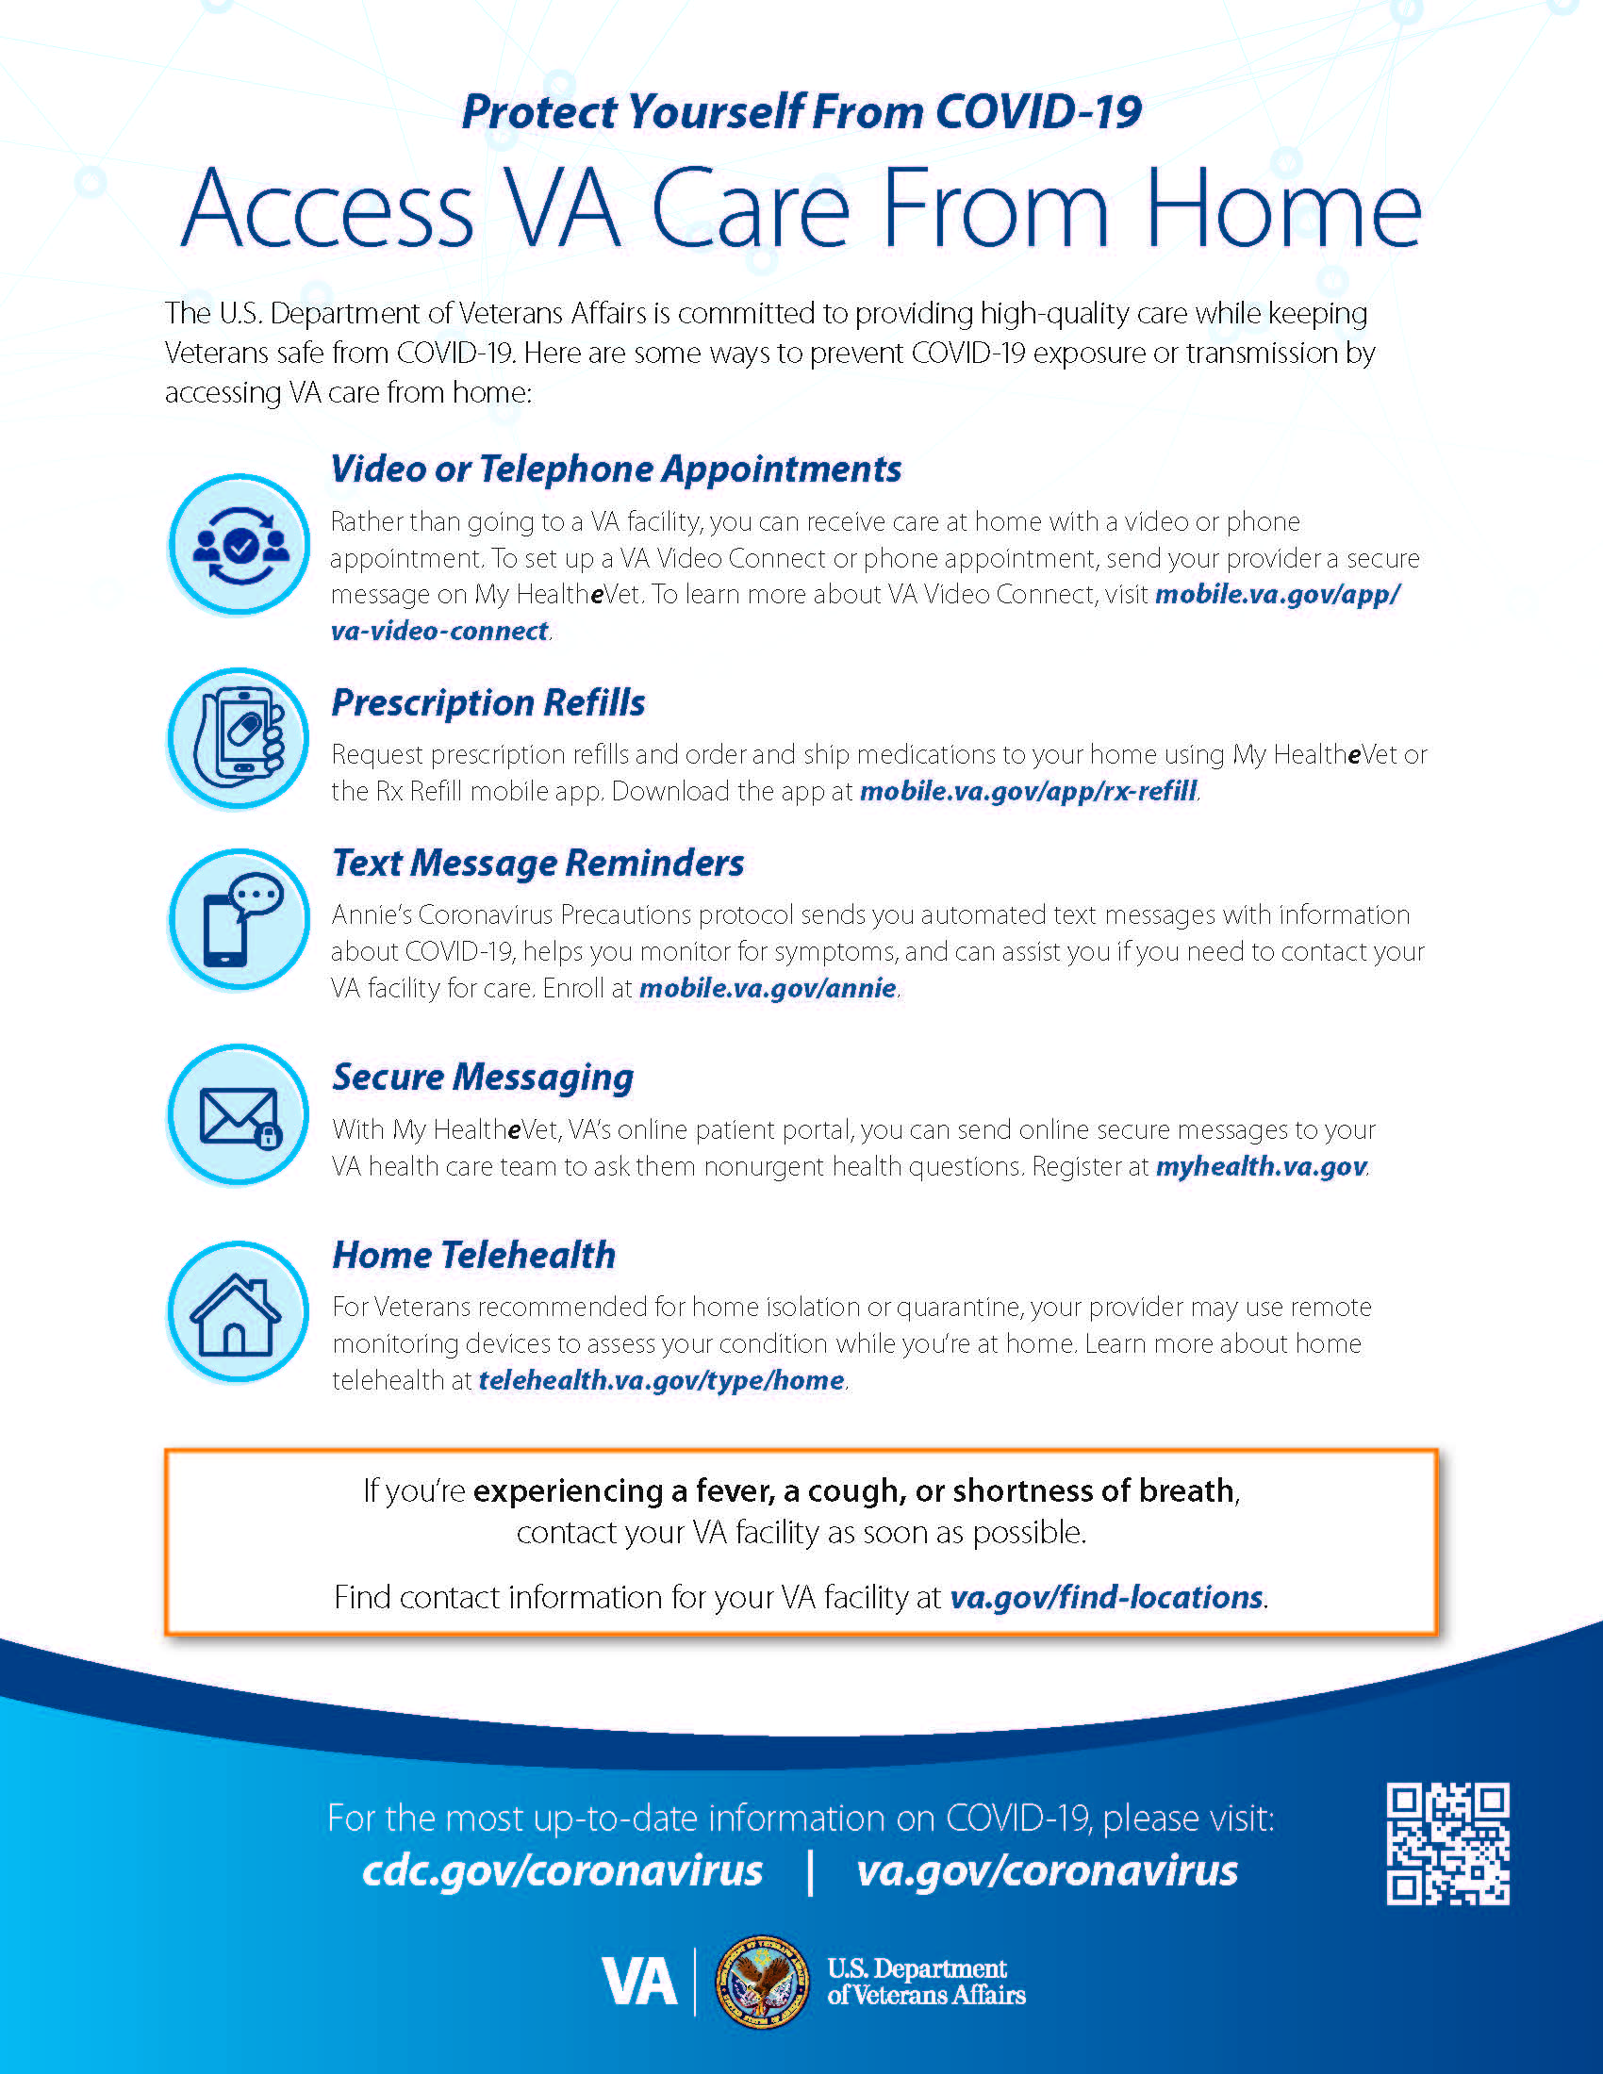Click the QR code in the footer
(1446, 1843)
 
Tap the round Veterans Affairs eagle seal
(761, 1982)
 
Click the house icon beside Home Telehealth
(238, 1312)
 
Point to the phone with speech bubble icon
(240, 919)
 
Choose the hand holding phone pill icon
(239, 738)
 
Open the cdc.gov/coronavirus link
(562, 1869)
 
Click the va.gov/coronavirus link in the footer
(1047, 1869)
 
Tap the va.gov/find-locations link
(1106, 1597)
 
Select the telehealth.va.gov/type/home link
(661, 1380)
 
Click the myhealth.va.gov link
(1260, 1166)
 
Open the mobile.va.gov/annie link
(768, 989)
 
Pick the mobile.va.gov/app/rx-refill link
(1028, 791)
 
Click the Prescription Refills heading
(488, 702)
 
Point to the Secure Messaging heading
(483, 1077)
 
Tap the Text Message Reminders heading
(537, 864)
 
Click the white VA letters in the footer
(639, 1983)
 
